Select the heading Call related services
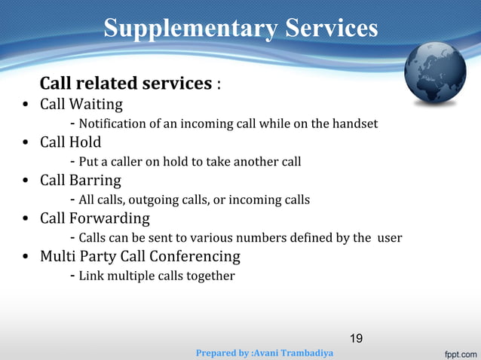(126, 83)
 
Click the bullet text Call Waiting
(81, 104)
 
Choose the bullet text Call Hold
(71, 142)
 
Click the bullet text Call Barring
(80, 181)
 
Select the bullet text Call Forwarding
(95, 219)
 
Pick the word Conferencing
(195, 257)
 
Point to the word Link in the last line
(92, 276)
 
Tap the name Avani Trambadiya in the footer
(294, 352)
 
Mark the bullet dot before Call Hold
(25, 143)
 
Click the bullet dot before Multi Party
(25, 258)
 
